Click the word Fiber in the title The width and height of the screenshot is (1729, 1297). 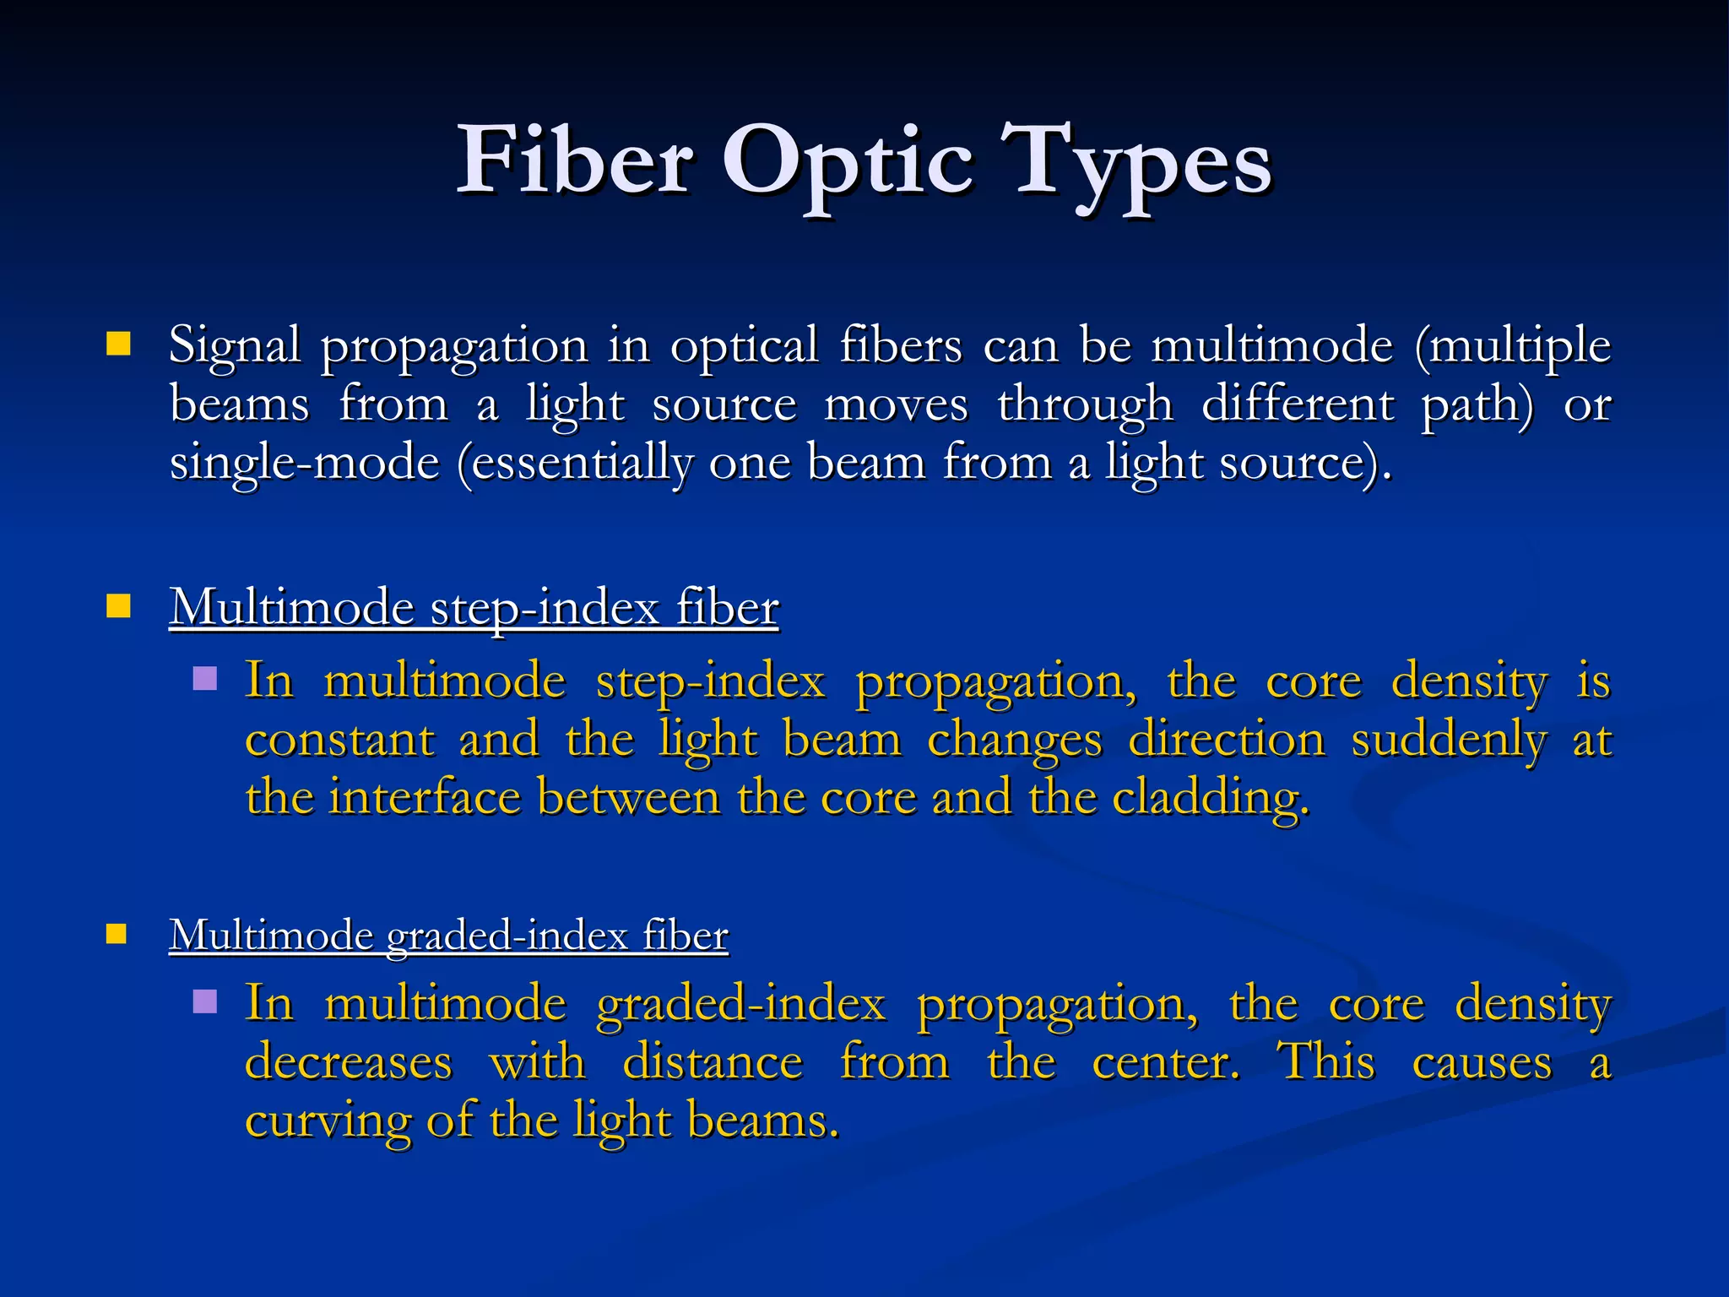(x=575, y=160)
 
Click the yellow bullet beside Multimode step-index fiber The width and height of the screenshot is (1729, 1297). (x=118, y=605)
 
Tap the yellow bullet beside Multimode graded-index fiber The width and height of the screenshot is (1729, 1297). (x=117, y=933)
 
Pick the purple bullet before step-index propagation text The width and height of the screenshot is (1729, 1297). (x=205, y=679)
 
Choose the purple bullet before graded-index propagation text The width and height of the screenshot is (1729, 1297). (x=205, y=1001)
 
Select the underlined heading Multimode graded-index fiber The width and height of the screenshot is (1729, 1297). (x=448, y=936)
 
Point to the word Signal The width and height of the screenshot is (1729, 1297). (x=235, y=346)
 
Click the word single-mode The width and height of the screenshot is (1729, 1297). (x=305, y=463)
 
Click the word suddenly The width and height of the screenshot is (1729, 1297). (x=1449, y=740)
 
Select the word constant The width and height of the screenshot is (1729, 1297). (x=339, y=740)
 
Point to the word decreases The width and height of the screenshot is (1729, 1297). (x=348, y=1062)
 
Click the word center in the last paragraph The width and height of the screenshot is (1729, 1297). (x=1165, y=1062)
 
